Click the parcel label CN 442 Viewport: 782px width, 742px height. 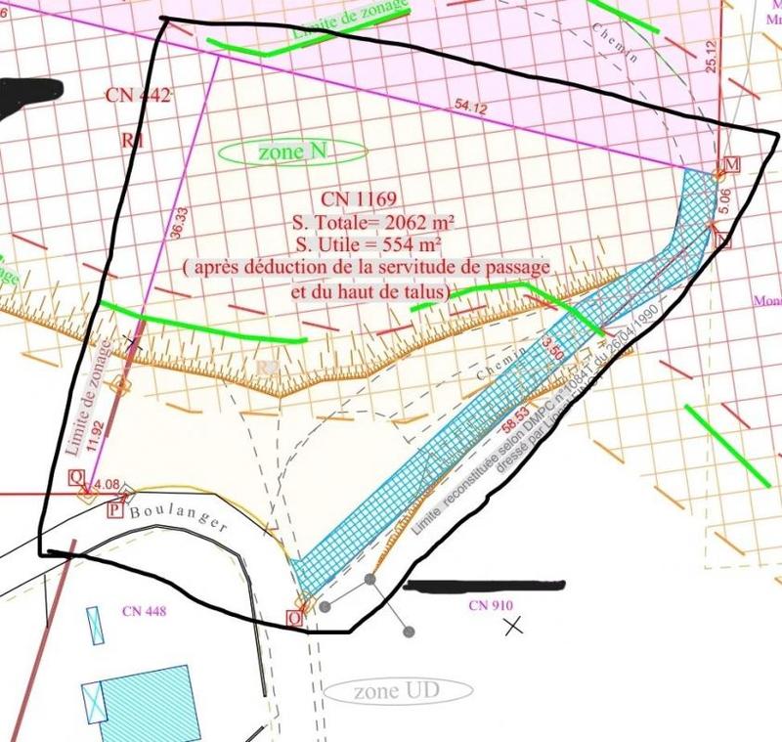[x=138, y=95]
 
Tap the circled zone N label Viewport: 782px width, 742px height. [x=292, y=153]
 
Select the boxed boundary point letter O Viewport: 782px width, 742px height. [x=293, y=618]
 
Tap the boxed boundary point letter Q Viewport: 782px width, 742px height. [x=74, y=477]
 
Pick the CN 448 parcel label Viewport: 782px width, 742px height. [x=144, y=612]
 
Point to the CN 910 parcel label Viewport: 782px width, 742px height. [x=491, y=605]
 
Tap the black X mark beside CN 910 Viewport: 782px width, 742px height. [x=513, y=626]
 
